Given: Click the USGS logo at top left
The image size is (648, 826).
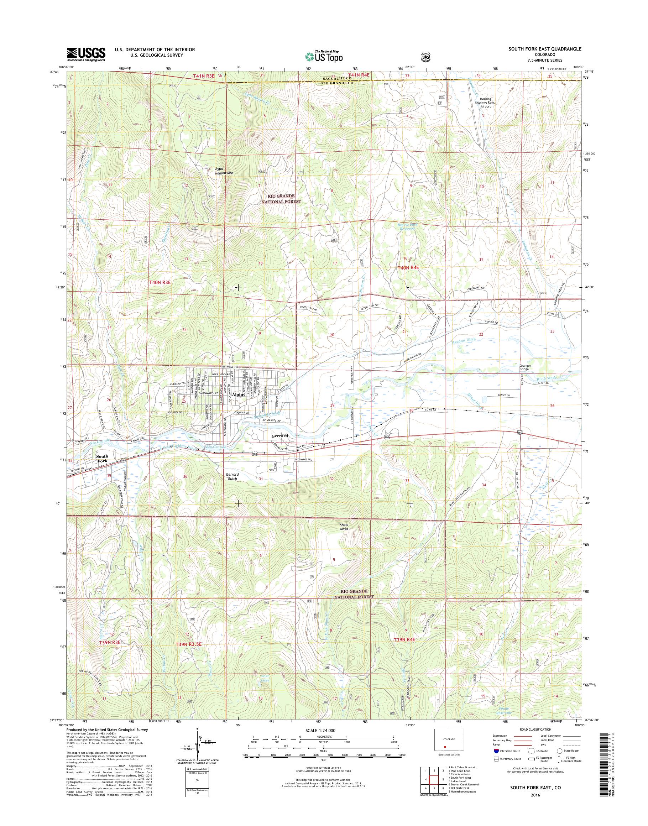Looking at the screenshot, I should [x=86, y=54].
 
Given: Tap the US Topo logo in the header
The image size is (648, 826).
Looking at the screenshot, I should [x=324, y=57].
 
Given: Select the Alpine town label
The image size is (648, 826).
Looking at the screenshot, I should [x=239, y=394].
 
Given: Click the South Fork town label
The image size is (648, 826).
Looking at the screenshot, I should [x=102, y=459].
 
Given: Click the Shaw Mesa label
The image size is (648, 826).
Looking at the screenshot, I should [x=344, y=527].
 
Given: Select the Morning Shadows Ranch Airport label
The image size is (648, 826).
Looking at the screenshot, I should [x=485, y=103].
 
